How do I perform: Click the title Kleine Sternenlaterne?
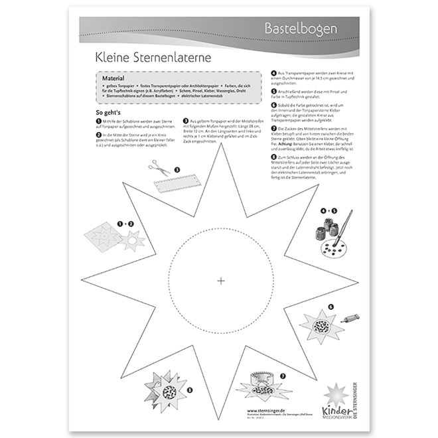pos(153,58)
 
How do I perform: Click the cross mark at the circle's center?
pos(221,281)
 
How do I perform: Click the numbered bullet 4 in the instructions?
pos(274,74)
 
